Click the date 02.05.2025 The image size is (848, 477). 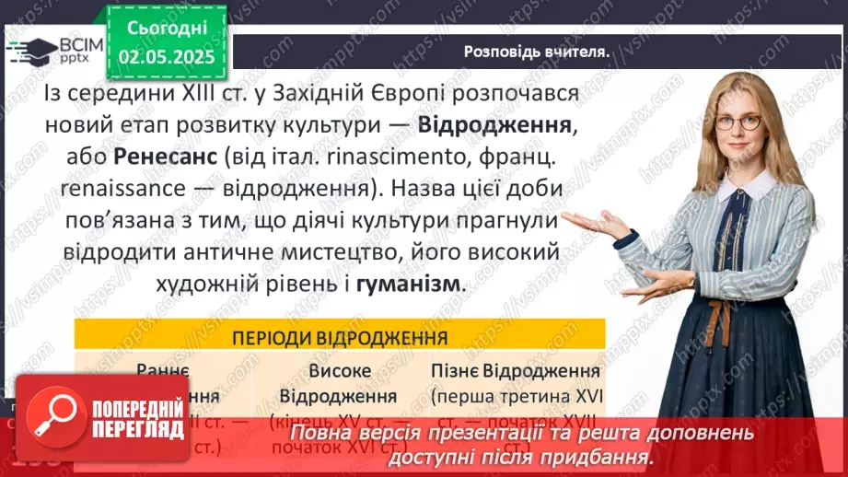(167, 57)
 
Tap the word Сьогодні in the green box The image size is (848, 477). (167, 29)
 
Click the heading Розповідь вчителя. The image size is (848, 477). (537, 52)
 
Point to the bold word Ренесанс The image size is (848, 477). (167, 157)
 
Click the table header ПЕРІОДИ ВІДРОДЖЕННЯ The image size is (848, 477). (339, 335)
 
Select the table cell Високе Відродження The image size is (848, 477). (338, 383)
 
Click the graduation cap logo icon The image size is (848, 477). (29, 49)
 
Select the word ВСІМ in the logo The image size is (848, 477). (74, 42)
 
